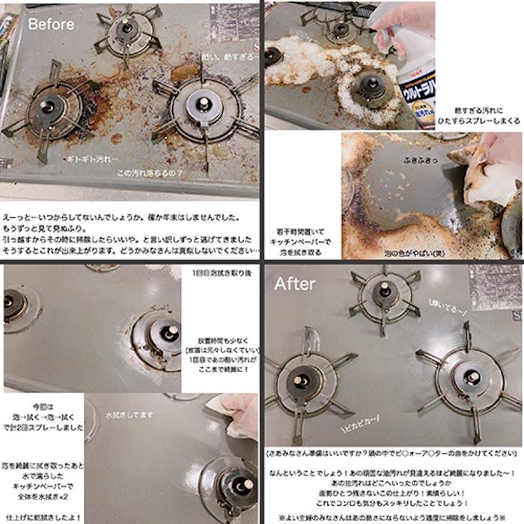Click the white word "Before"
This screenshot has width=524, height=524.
[51, 24]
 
